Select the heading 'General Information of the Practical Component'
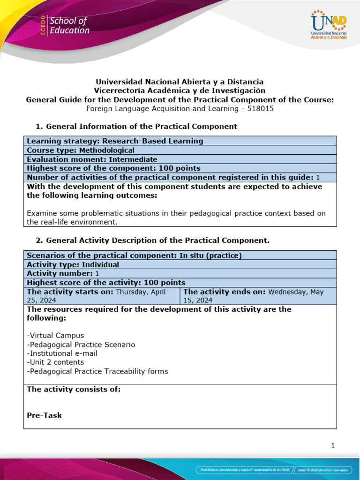click(x=136, y=127)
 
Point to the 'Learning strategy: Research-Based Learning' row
click(x=115, y=141)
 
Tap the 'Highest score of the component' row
click(x=114, y=168)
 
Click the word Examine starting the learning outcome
click(x=42, y=213)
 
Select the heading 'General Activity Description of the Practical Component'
click(x=152, y=241)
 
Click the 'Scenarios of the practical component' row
click(x=135, y=255)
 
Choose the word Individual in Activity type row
click(x=100, y=264)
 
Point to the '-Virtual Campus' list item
click(x=56, y=336)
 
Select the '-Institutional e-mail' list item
click(x=62, y=353)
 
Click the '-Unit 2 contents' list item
click(x=56, y=362)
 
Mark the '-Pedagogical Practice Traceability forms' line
click(x=97, y=371)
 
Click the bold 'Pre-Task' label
click(x=45, y=415)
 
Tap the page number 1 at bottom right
click(x=333, y=446)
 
